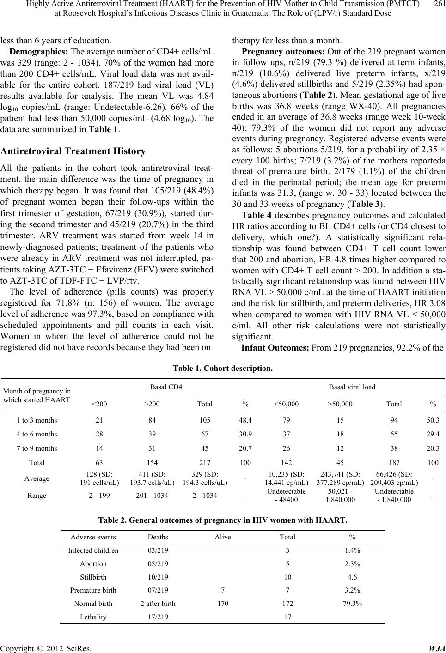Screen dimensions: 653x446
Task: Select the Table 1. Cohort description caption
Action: (222, 369)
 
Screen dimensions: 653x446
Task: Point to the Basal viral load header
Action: (352, 386)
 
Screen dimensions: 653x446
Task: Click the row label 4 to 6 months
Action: (37, 434)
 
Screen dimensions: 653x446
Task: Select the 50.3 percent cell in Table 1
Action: (433, 420)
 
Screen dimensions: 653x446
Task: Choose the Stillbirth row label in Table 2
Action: (93, 577)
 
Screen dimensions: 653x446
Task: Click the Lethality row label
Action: (93, 617)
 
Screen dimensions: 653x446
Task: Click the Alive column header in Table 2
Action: (223, 537)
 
